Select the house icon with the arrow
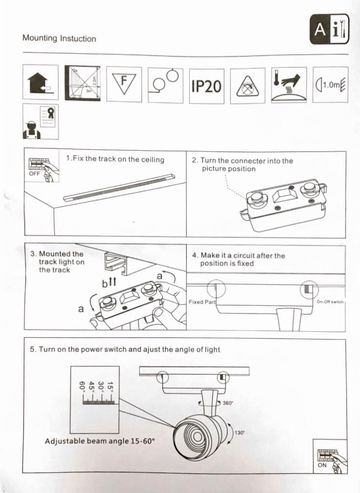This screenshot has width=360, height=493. (x=40, y=82)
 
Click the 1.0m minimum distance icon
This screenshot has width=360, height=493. (x=330, y=85)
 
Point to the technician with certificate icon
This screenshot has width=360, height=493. (x=40, y=121)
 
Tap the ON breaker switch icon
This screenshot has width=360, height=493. (x=330, y=455)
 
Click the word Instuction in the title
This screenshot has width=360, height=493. (x=78, y=39)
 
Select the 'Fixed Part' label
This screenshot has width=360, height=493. (x=202, y=302)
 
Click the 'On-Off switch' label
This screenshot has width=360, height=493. (x=330, y=302)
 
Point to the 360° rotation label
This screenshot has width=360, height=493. (x=228, y=402)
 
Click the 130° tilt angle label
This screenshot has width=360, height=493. (x=240, y=433)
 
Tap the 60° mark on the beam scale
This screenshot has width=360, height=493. (x=82, y=386)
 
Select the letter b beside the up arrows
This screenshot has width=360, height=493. (x=104, y=285)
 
